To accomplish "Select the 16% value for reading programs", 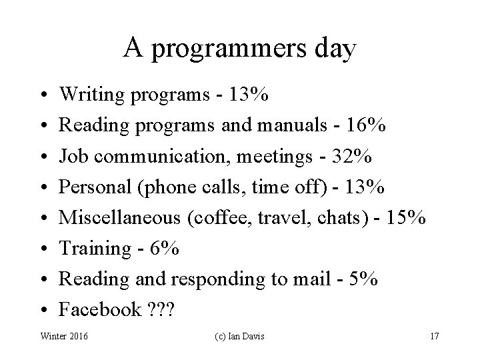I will (368, 126).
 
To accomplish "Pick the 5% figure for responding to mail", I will (363, 279).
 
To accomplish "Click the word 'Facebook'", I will (100, 309).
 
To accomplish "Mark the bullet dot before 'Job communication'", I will (42, 157).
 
